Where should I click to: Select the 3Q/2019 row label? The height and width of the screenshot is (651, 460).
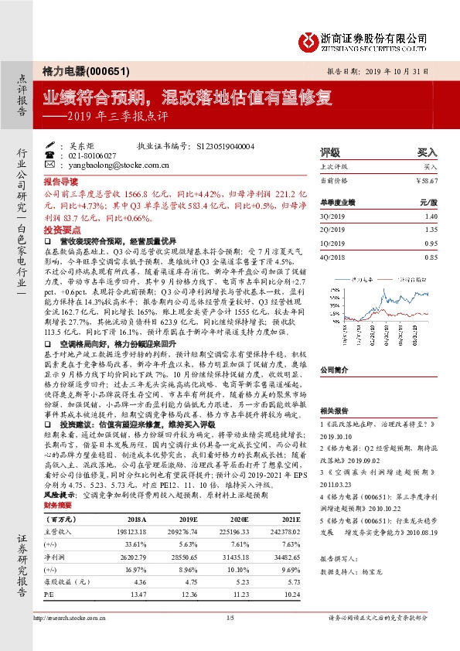tap(332, 217)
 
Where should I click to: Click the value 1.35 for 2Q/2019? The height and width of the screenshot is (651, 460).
tap(431, 230)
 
